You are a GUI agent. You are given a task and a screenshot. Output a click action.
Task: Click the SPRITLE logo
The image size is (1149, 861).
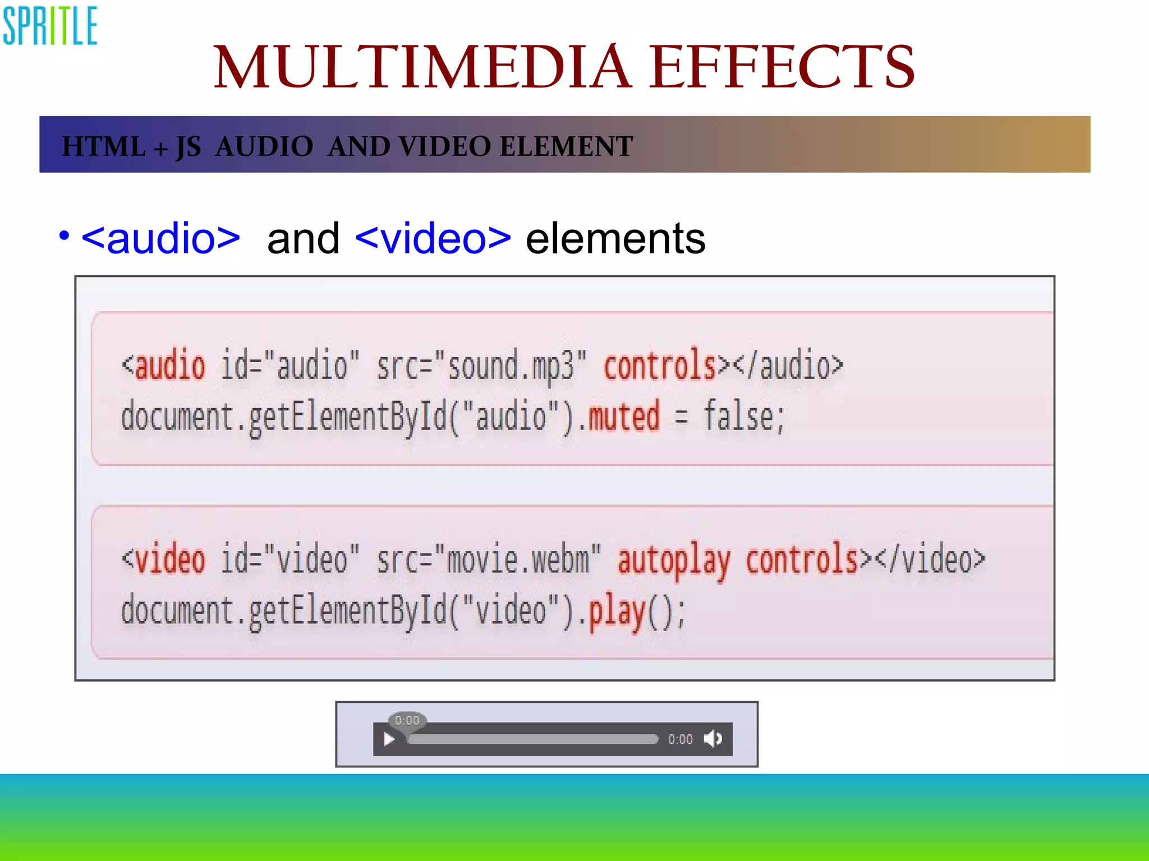[x=50, y=26]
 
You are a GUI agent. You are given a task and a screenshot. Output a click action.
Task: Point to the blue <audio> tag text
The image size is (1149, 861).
[x=161, y=239]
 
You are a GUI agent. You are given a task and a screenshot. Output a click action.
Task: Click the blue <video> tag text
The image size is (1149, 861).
[x=433, y=239]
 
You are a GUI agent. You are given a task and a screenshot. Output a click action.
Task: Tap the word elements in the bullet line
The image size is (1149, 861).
[x=615, y=239]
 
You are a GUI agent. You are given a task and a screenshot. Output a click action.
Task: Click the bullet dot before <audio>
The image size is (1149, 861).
[x=64, y=235]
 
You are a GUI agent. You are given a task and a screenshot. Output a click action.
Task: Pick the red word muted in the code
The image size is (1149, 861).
[x=623, y=416]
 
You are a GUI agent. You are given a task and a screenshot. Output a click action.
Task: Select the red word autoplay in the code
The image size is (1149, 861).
[x=674, y=559]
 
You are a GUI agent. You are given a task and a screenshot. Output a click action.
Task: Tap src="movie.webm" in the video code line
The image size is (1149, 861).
[x=489, y=559]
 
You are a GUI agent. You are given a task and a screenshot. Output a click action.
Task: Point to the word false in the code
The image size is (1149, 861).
[x=738, y=416]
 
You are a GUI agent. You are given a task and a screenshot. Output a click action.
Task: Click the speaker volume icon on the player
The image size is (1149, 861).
[x=713, y=739]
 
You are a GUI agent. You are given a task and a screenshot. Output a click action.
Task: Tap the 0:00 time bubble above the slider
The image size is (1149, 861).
[x=407, y=720]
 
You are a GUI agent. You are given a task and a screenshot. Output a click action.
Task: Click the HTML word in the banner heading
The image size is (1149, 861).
[x=103, y=147]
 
